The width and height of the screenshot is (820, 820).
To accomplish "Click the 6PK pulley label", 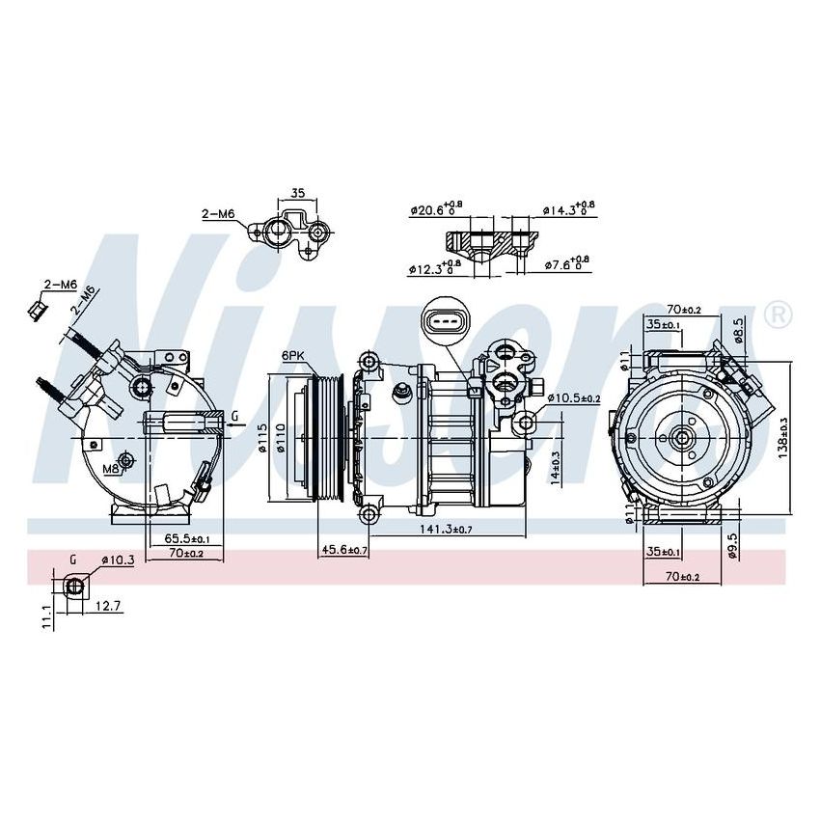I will pyautogui.click(x=293, y=356).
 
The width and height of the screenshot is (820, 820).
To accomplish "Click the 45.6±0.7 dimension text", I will pyautogui.click(x=344, y=550).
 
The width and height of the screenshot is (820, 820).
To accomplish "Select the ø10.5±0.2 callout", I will pyautogui.click(x=574, y=398).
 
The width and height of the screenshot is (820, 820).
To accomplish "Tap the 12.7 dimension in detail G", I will pyautogui.click(x=109, y=606).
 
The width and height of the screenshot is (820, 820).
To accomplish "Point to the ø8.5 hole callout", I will pyautogui.click(x=738, y=328).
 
